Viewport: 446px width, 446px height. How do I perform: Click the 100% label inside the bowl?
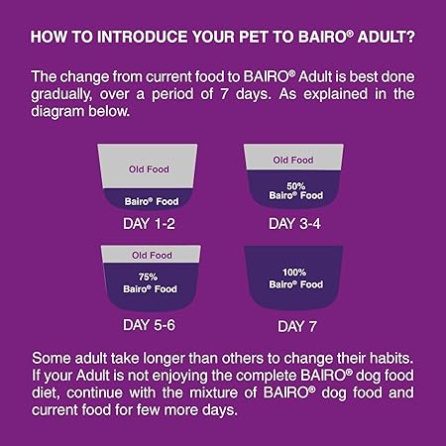(x=293, y=273)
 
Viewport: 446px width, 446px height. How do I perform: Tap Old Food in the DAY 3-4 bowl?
(x=293, y=160)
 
